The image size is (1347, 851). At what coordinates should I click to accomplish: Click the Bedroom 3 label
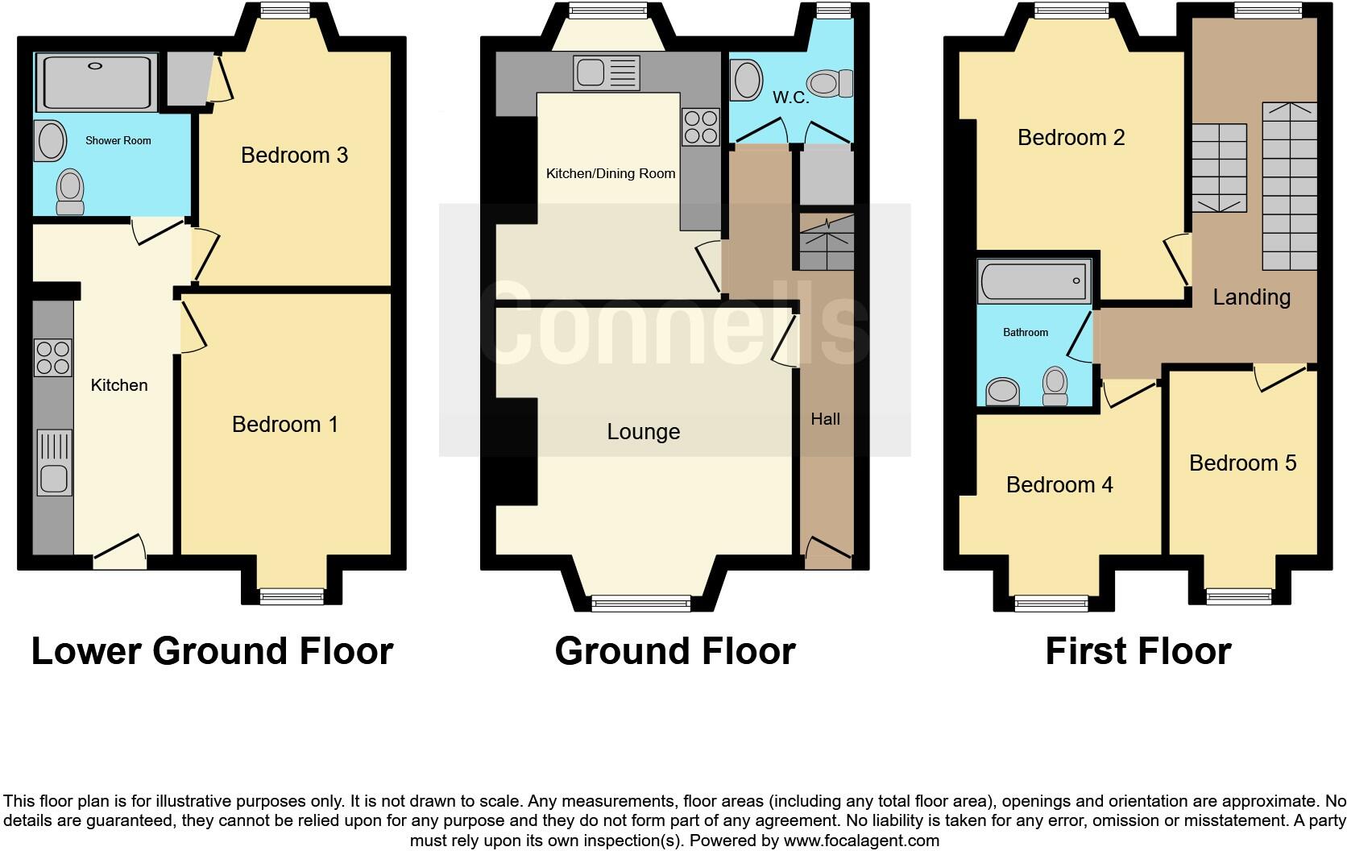pos(294,155)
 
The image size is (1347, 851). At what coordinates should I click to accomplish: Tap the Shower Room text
pos(118,140)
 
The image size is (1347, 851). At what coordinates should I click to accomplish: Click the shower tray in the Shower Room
pos(97,82)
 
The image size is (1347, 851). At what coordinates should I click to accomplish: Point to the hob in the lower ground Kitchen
pos(52,358)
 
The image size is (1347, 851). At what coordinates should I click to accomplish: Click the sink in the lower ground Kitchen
pos(54,463)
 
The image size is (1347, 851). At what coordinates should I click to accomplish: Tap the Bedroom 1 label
pos(284,424)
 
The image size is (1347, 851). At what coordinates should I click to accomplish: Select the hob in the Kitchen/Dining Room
pos(700,127)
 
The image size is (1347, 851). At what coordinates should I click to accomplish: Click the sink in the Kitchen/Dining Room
pos(607,73)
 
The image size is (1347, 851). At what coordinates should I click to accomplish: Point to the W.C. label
pos(790,98)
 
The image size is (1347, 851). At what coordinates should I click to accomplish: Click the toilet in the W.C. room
pos(830,83)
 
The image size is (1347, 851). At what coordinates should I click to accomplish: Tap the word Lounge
pos(643,432)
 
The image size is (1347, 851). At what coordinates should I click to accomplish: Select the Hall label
pos(825,419)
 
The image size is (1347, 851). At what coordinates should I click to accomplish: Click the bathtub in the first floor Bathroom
pos(1034,281)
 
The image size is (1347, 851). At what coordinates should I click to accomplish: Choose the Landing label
pos(1251,297)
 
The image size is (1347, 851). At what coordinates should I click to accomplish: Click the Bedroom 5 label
pos(1242,463)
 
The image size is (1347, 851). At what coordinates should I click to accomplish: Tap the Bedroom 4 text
pos(1059,484)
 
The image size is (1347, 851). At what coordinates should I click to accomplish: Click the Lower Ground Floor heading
pos(212,651)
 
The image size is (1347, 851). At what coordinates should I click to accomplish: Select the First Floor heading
pos(1138,651)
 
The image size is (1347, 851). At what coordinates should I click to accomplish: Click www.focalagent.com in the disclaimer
pos(860,841)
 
